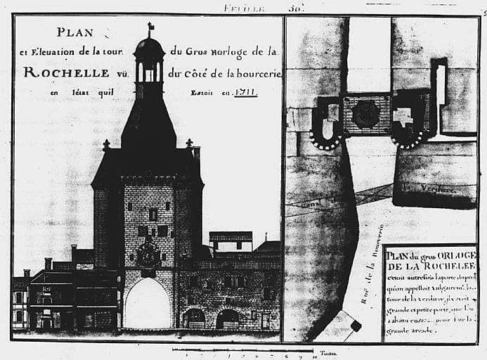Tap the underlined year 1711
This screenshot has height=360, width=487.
(x=246, y=91)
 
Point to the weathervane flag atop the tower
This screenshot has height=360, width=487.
(x=150, y=27)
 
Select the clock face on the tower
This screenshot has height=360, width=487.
(x=148, y=255)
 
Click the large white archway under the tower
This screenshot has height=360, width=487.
(x=147, y=304)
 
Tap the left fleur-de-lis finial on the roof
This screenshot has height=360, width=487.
(x=106, y=145)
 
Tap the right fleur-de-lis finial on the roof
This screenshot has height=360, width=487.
(x=189, y=143)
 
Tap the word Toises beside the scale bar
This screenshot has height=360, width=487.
(x=327, y=354)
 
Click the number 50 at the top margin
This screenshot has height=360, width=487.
(x=294, y=7)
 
